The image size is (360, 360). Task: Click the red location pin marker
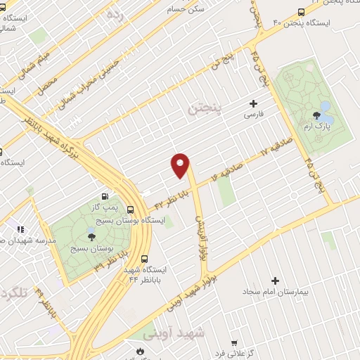coord(181,165)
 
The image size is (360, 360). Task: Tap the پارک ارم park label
coord(316,127)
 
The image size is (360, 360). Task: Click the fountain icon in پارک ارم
coord(324,108)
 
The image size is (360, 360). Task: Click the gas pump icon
coord(105,197)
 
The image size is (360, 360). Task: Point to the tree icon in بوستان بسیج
coord(91,236)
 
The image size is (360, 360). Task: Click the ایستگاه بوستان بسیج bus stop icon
coord(130,209)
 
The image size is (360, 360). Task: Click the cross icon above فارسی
coord(253,103)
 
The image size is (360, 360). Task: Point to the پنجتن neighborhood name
coord(205,110)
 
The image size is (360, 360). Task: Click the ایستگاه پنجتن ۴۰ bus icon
coord(301,12)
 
